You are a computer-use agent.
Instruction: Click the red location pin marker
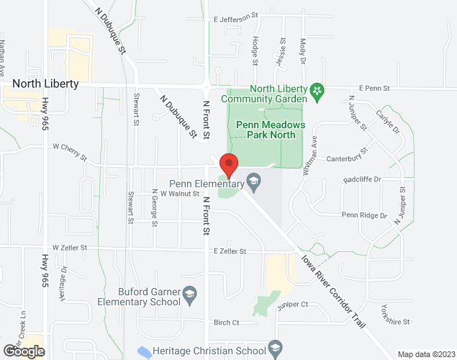tap(229, 166)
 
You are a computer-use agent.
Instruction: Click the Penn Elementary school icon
tap(253, 179)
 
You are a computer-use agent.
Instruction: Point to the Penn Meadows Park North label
tap(271, 129)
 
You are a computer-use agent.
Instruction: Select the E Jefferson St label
tap(235, 17)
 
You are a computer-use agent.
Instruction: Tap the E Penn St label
tap(376, 89)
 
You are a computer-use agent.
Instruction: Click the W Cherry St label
tap(69, 146)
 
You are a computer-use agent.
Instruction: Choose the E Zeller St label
tap(230, 251)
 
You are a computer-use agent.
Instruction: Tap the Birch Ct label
tap(226, 323)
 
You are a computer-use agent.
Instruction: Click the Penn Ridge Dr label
tap(364, 215)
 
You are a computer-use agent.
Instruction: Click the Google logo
tap(23, 351)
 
